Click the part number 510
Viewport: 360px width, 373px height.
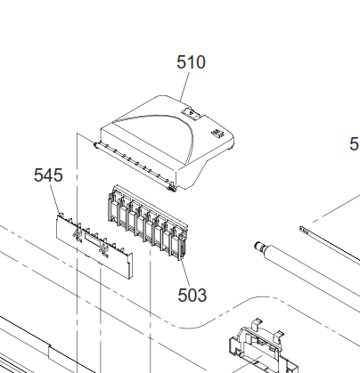(191, 62)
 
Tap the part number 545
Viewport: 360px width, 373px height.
(48, 175)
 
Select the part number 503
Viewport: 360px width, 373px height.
(192, 296)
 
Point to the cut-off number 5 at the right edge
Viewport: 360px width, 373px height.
(355, 144)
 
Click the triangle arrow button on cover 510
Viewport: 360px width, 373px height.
(191, 113)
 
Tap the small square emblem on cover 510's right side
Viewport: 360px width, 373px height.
(217, 134)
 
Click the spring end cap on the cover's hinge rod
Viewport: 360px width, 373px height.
(172, 188)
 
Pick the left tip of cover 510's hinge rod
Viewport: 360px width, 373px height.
(94, 144)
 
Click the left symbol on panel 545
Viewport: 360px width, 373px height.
(78, 235)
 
